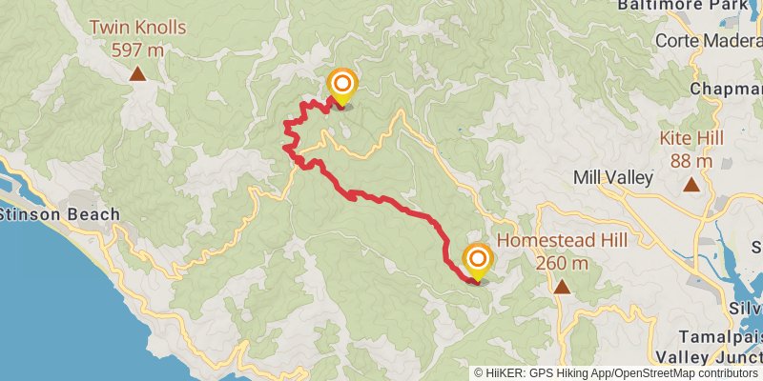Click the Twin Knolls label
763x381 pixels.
[x=137, y=28]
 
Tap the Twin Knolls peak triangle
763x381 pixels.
[x=137, y=72]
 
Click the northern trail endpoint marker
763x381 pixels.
[x=341, y=87]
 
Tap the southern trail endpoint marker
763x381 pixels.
[x=478, y=260]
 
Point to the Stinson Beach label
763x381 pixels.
[x=59, y=213]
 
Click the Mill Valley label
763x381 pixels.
[x=612, y=177]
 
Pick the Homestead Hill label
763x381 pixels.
[x=562, y=240]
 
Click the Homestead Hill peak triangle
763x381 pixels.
[x=562, y=287]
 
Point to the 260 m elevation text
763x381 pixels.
[x=562, y=262]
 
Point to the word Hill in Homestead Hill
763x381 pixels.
[x=608, y=240]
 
